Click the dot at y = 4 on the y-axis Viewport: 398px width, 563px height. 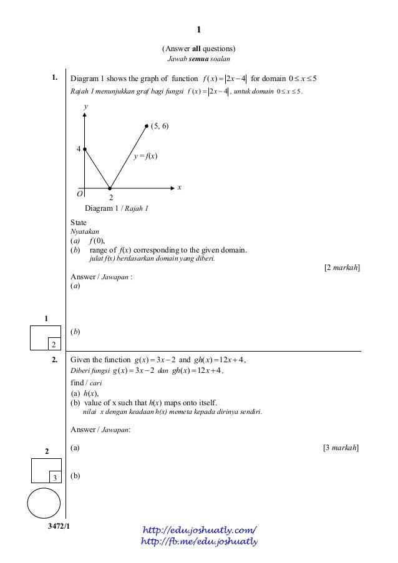(85, 149)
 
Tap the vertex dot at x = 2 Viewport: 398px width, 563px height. (110, 188)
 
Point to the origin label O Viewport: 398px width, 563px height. (80, 195)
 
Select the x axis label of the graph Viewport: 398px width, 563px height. (179, 187)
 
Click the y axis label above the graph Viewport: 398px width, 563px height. (85, 107)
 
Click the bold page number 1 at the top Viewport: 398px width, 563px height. (198, 29)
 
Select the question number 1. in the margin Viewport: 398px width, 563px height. (55, 79)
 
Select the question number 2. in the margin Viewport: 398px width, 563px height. (55, 360)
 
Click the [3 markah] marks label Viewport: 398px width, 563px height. (341, 448)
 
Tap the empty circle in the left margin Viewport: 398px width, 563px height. (44, 503)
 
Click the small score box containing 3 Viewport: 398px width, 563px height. (55, 478)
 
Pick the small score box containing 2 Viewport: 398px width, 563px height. (54, 344)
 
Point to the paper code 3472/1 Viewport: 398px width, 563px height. (59, 527)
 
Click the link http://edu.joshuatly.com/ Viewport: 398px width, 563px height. (200, 530)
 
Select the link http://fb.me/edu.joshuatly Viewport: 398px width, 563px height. (200, 541)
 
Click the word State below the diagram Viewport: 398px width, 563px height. (79, 223)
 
